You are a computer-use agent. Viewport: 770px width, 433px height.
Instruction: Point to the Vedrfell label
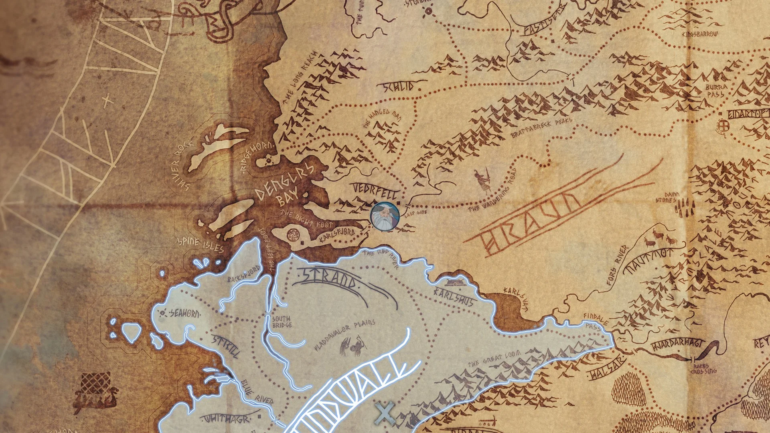click(375, 191)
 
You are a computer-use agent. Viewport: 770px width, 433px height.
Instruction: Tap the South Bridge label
click(282, 322)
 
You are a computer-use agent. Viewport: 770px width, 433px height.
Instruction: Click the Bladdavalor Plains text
click(345, 335)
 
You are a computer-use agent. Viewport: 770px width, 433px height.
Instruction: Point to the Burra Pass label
click(716, 91)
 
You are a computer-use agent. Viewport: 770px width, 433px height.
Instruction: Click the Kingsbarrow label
click(700, 34)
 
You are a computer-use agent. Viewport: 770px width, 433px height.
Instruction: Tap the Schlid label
click(399, 87)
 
